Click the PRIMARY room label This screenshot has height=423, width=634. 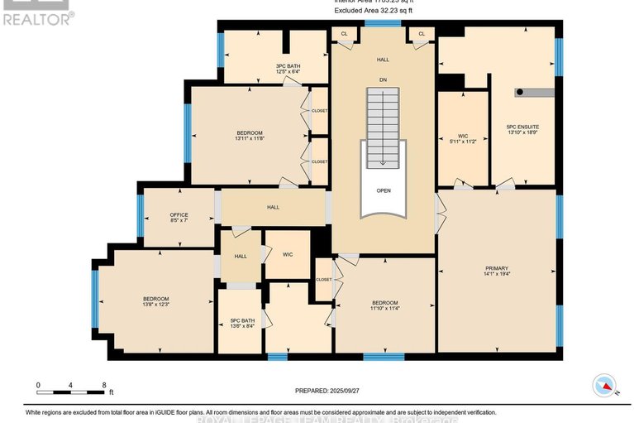click(x=496, y=268)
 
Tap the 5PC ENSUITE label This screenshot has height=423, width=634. click(x=522, y=127)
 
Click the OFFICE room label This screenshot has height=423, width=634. click(x=179, y=215)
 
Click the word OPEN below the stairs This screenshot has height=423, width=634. click(x=383, y=190)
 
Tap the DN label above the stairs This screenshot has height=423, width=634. click(x=383, y=79)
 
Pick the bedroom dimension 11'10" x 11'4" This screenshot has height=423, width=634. click(x=384, y=309)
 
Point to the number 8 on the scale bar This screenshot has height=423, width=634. click(x=103, y=385)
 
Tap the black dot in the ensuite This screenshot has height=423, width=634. click(x=519, y=92)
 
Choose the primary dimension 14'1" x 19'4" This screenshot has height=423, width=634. click(x=496, y=275)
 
